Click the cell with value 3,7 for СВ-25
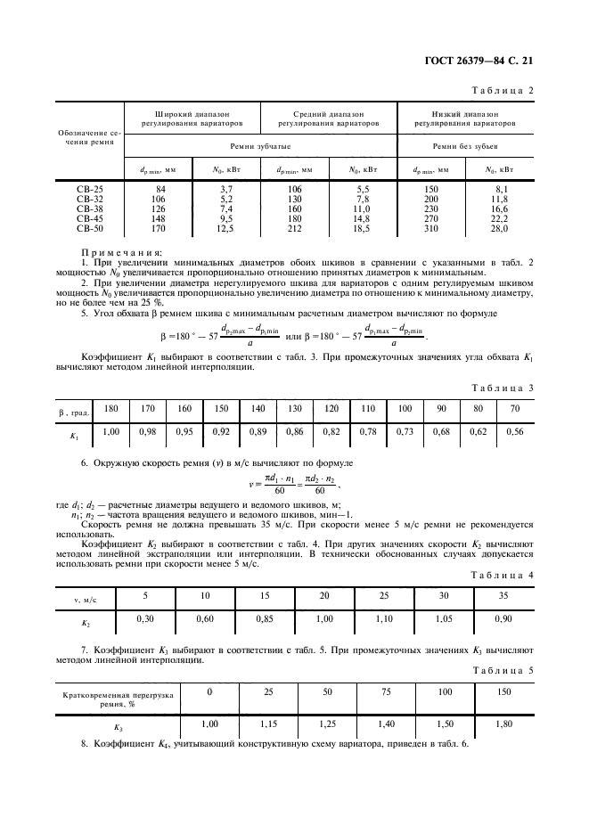[226, 189]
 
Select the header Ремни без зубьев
[466, 145]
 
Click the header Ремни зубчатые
[260, 145]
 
